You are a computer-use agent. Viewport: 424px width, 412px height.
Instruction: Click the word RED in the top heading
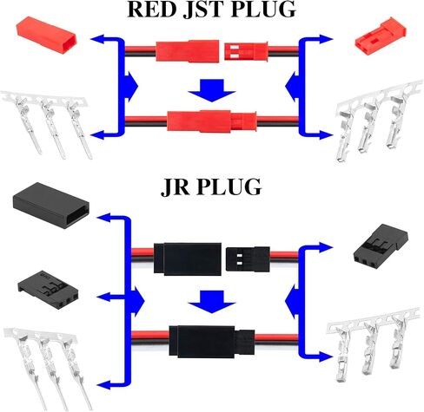tap(152, 9)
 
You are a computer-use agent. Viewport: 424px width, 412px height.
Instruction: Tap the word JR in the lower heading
tap(175, 187)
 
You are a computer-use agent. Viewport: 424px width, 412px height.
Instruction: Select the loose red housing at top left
tap(46, 36)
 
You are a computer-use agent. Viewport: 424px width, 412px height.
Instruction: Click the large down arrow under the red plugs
tap(212, 90)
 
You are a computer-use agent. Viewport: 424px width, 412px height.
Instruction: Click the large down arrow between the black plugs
tap(212, 302)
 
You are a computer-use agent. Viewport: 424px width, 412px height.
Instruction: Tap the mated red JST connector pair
tap(212, 121)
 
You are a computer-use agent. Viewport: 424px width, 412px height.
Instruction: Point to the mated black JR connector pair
tap(212, 342)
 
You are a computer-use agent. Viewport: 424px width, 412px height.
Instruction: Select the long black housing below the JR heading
tap(51, 206)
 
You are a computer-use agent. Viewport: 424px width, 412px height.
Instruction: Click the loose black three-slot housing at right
tap(381, 245)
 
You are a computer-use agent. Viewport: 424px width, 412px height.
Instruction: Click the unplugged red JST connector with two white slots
tap(246, 51)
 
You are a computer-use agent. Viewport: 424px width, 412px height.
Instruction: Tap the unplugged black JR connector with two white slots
tap(248, 258)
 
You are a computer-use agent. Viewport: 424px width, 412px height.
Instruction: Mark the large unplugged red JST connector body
tap(188, 51)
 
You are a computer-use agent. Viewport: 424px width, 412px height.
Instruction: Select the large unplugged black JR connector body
tap(188, 258)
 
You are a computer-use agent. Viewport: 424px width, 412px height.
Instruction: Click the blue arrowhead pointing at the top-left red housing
tap(97, 39)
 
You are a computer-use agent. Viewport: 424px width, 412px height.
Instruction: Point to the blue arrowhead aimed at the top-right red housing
tap(327, 39)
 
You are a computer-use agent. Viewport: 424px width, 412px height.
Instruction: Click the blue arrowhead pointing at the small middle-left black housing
tap(103, 297)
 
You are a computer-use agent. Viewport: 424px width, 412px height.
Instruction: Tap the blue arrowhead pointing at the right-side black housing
tap(327, 247)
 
